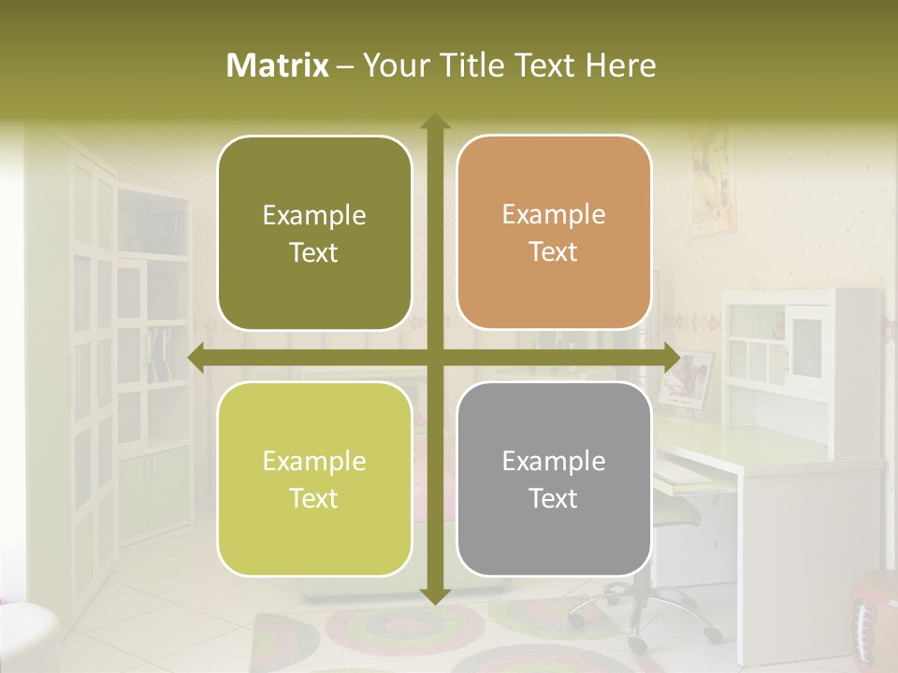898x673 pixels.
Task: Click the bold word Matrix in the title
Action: pos(278,65)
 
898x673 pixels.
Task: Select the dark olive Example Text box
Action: pos(314,233)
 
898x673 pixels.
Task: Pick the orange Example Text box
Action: pos(554,233)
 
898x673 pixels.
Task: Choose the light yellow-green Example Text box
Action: pos(314,479)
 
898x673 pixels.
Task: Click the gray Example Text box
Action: pos(554,479)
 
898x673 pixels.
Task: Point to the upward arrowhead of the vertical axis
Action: pos(435,122)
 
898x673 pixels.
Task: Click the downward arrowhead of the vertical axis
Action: pos(435,595)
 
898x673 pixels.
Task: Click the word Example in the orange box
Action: pos(554,215)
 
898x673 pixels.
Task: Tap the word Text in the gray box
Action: pos(554,498)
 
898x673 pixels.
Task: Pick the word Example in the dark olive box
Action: pos(314,216)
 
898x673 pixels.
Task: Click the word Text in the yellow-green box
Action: pos(314,498)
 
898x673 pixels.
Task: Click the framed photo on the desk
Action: pos(688,377)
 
